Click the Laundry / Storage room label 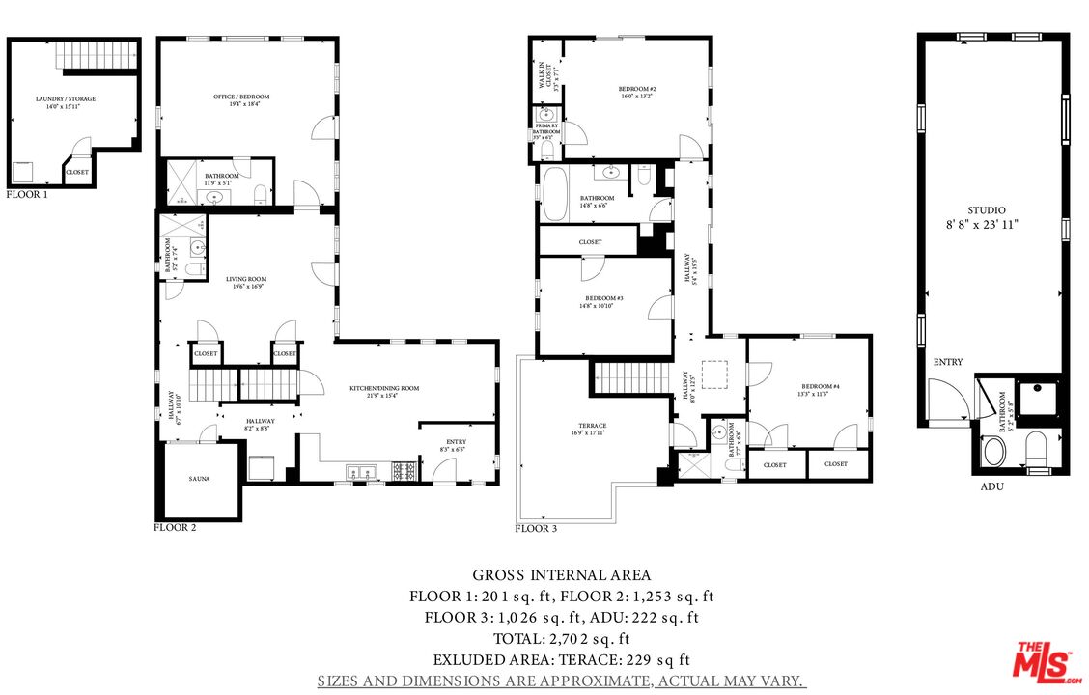click(x=66, y=99)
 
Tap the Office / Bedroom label click(x=241, y=97)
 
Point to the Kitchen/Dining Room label click(x=384, y=388)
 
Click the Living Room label click(x=246, y=279)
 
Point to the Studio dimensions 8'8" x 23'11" click(x=986, y=223)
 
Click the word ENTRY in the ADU click(x=947, y=362)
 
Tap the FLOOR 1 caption click(x=26, y=194)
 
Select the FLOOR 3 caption click(x=536, y=528)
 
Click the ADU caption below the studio click(x=991, y=486)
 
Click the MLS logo click(x=1047, y=661)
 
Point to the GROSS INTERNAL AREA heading click(x=561, y=575)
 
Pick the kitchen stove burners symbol click(x=404, y=470)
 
